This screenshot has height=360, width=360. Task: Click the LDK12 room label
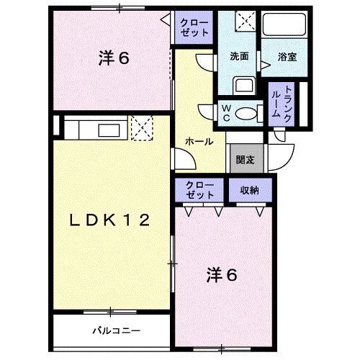(x=109, y=220)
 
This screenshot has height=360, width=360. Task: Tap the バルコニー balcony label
(x=117, y=331)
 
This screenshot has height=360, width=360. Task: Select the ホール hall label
(x=199, y=141)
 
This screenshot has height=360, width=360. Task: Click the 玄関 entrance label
(x=245, y=160)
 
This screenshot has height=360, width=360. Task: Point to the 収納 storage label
(x=250, y=190)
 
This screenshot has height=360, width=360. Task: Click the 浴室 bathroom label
(x=287, y=57)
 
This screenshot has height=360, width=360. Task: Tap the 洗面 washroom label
(x=239, y=56)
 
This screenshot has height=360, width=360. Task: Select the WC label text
(x=226, y=113)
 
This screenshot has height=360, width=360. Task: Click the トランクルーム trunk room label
(x=282, y=104)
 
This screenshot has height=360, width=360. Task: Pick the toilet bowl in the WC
(x=249, y=113)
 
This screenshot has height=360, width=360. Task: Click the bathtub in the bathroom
(x=284, y=24)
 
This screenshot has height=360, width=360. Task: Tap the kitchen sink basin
(x=109, y=130)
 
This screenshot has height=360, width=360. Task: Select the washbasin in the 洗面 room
(x=244, y=85)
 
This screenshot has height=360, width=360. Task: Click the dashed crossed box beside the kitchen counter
(x=142, y=128)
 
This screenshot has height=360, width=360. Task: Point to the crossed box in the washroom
(x=246, y=21)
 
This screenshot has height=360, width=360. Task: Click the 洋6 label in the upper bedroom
(x=114, y=58)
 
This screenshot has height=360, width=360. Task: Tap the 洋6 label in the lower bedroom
(x=222, y=275)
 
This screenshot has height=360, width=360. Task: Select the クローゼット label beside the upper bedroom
(x=194, y=27)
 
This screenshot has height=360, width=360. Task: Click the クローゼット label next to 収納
(x=199, y=190)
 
